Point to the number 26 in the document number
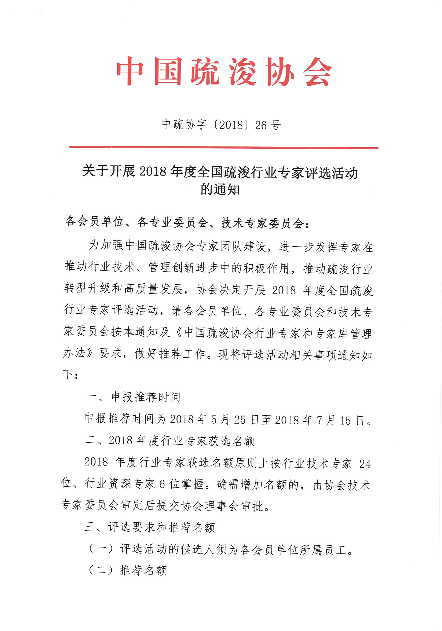[261, 125]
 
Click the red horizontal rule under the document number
[224, 148]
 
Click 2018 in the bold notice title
[153, 172]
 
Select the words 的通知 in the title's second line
[220, 189]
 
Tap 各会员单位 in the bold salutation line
[94, 222]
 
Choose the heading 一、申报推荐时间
[133, 397]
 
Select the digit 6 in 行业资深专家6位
[162, 484]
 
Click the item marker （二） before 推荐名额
[101, 571]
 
